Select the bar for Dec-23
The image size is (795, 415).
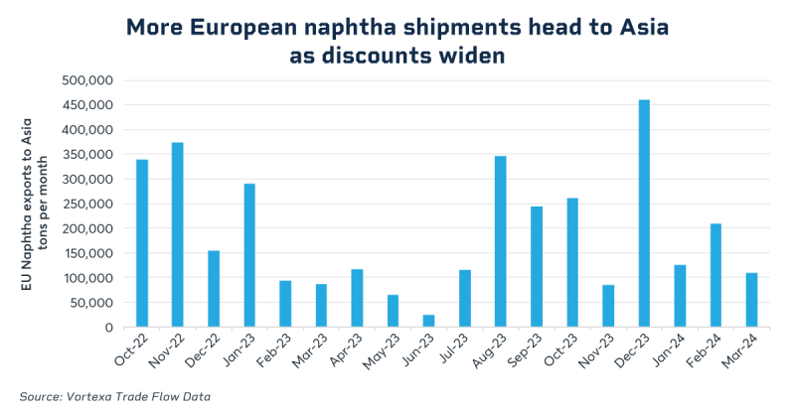tap(644, 213)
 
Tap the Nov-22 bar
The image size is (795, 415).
tap(177, 234)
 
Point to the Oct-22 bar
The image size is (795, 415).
tap(142, 242)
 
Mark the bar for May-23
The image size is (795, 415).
tap(393, 311)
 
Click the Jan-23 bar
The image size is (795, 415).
tap(249, 255)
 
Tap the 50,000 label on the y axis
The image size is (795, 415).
tap(100, 303)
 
